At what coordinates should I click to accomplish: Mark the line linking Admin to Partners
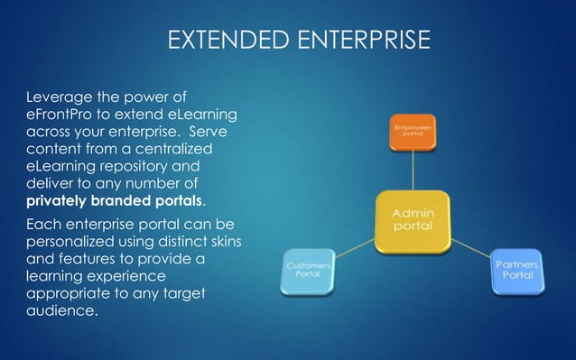[x=471, y=245]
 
